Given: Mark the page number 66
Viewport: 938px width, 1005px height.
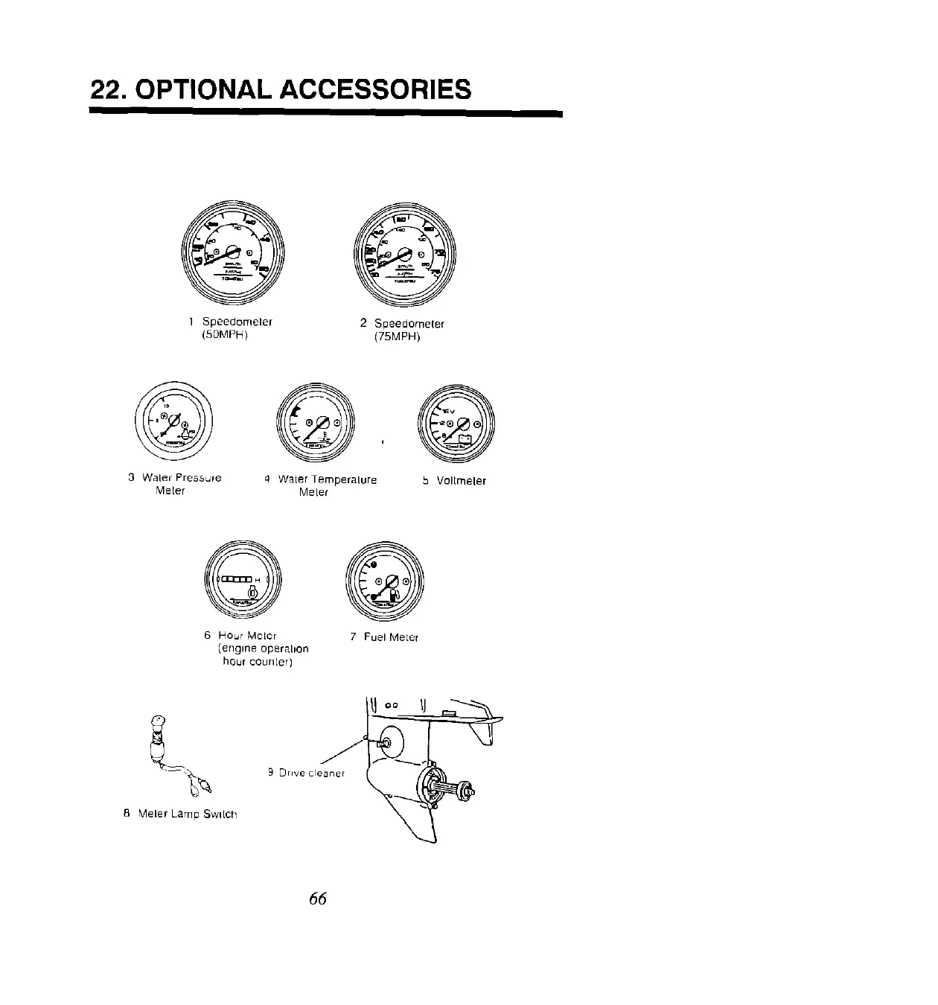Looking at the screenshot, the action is click(x=318, y=899).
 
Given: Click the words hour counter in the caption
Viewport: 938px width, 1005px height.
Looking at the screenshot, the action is click(x=257, y=662).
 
